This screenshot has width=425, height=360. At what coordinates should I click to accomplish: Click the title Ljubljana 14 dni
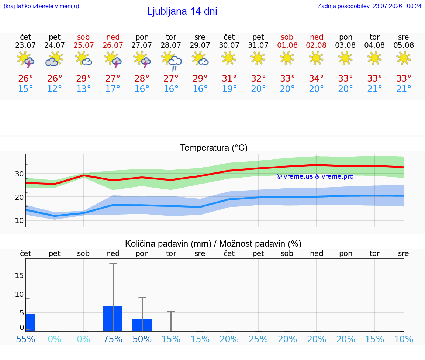[x=182, y=11]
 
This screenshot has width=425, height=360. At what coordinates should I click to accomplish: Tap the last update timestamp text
[x=369, y=6]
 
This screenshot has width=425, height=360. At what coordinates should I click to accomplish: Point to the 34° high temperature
[x=316, y=78]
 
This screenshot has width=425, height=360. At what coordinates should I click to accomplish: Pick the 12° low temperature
[x=55, y=89]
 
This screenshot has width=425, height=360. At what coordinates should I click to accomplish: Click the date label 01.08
[x=287, y=45]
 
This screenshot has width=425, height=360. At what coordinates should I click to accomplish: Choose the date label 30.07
[x=229, y=45]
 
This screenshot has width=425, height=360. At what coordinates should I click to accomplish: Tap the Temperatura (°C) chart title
[x=214, y=148]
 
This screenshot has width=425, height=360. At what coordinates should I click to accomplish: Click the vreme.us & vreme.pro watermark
[x=315, y=176]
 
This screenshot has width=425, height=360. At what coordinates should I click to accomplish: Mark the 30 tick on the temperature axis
[x=19, y=174]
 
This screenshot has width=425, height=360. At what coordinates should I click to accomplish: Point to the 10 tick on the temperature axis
[x=19, y=220]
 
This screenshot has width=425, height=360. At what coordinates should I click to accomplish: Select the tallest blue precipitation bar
[x=113, y=319]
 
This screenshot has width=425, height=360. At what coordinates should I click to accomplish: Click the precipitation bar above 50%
[x=142, y=325]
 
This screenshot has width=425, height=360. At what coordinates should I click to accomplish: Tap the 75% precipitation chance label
[x=113, y=339]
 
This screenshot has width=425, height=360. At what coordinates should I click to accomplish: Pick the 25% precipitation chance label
[x=258, y=339]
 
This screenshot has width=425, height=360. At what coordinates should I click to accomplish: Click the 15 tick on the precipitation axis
[x=19, y=275]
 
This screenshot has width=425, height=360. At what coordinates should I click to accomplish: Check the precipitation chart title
[x=213, y=244]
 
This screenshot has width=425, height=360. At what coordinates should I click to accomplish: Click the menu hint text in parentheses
[x=41, y=6]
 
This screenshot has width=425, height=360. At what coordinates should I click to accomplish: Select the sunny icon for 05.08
[x=404, y=58]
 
